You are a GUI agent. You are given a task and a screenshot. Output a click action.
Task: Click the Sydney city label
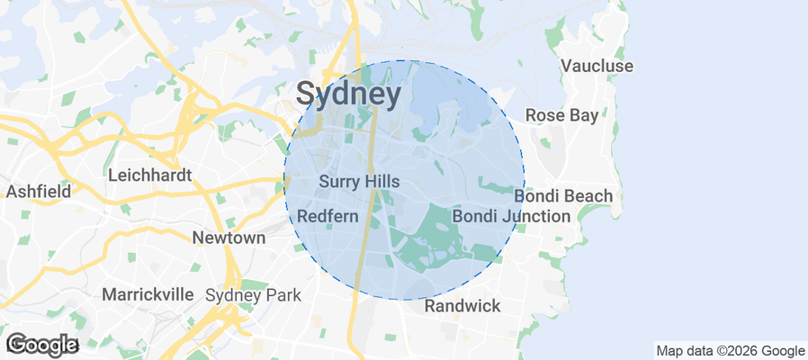348,94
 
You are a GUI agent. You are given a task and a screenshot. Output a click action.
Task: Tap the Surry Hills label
359,182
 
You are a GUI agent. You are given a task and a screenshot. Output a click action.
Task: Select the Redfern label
328,217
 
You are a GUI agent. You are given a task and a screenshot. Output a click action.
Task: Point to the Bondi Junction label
510,216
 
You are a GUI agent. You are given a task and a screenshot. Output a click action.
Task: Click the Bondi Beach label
563,196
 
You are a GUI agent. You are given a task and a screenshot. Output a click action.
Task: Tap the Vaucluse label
597,67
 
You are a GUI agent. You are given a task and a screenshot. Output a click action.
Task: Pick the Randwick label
462,306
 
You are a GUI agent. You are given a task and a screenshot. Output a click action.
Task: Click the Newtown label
229,238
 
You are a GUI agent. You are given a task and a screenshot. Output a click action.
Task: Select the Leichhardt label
149,175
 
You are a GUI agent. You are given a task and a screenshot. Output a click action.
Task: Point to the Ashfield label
37,192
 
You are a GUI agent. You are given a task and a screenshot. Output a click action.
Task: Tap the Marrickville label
148,294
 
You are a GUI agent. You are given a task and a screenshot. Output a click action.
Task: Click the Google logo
41,344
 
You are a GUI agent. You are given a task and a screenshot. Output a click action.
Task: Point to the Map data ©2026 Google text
730,351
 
